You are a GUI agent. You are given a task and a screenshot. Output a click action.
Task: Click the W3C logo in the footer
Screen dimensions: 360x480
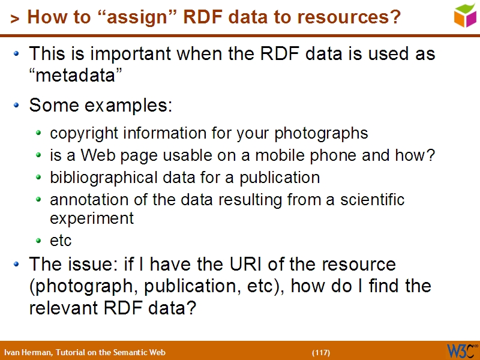click(461, 350)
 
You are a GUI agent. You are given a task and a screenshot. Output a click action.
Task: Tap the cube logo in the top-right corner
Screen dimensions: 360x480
click(466, 16)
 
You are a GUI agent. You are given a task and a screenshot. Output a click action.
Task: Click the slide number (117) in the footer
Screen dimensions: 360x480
click(321, 352)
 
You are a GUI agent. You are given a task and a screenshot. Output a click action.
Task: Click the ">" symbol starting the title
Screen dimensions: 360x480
click(15, 19)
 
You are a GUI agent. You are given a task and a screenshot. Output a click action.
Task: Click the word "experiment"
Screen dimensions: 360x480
click(92, 218)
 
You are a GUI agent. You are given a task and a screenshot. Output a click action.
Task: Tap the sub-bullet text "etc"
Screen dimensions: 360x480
click(61, 241)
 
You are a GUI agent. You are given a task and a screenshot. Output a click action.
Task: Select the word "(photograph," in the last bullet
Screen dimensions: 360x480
click(75, 286)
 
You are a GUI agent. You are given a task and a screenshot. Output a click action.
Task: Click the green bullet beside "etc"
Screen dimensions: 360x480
click(39, 241)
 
